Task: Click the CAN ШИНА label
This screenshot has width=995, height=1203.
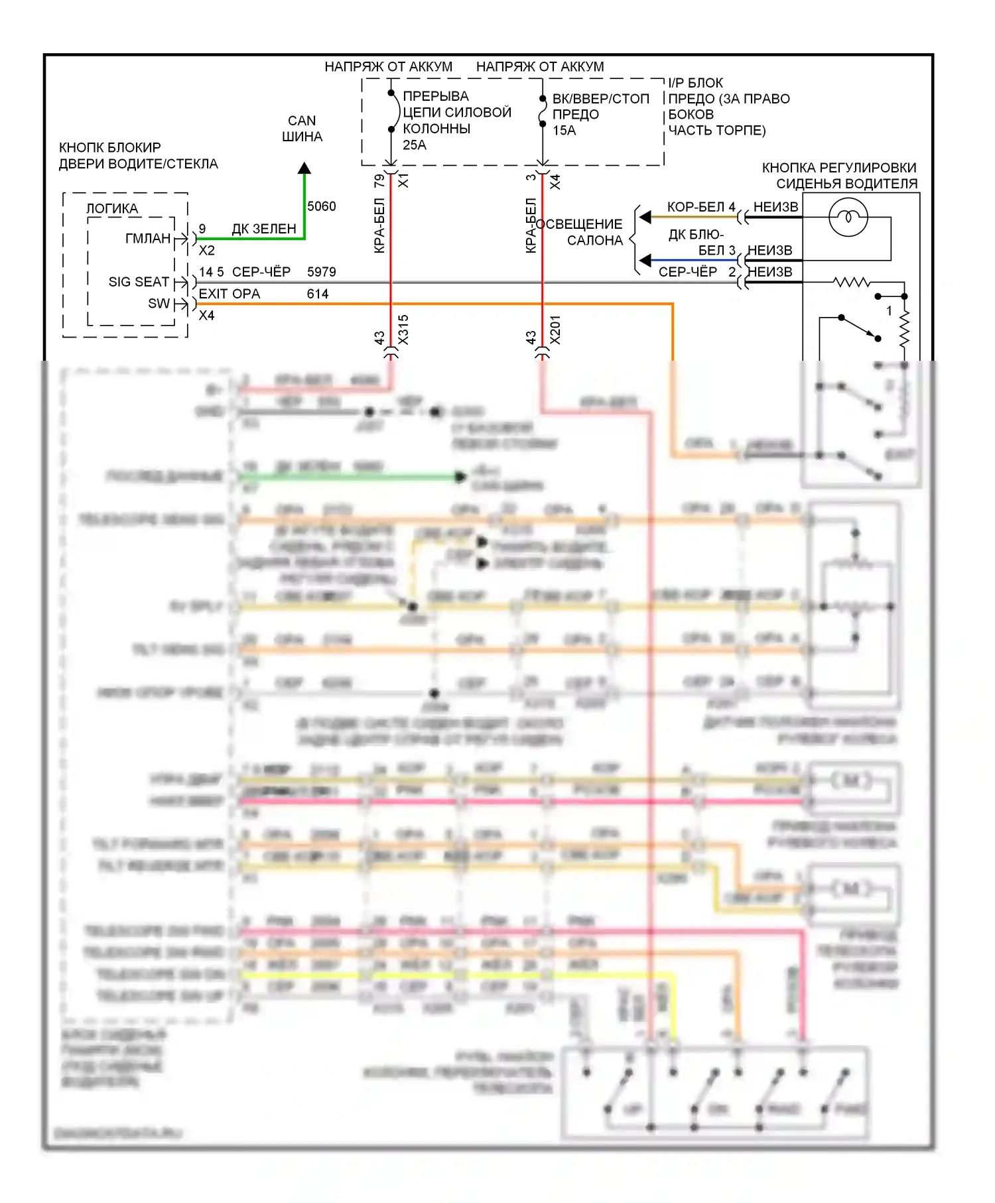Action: (302, 129)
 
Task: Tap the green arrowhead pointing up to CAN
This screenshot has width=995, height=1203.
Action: (304, 168)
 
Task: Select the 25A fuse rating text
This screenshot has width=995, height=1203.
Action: (415, 145)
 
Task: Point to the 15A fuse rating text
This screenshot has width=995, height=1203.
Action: (564, 130)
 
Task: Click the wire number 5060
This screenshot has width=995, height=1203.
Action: (322, 206)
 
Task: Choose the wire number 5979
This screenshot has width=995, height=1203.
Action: (322, 272)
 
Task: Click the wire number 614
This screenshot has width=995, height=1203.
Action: (318, 294)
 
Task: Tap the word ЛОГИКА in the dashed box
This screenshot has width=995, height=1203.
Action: (112, 209)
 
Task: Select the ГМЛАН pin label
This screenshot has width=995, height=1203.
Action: (148, 238)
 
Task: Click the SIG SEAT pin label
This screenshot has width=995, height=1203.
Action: (139, 282)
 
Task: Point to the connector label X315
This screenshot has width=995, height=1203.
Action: (403, 330)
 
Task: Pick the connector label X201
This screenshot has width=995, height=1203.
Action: (555, 330)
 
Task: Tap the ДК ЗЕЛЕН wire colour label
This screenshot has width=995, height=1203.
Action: (264, 229)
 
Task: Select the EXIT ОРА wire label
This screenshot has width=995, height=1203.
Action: (230, 294)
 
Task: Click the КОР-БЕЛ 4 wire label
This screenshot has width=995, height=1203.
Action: (701, 207)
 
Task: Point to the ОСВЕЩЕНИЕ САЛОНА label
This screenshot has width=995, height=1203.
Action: (580, 232)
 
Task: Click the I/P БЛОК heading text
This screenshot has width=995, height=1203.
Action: (695, 83)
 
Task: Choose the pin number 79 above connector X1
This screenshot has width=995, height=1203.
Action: (379, 180)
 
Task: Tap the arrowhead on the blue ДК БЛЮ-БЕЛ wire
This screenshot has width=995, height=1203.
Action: (645, 261)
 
